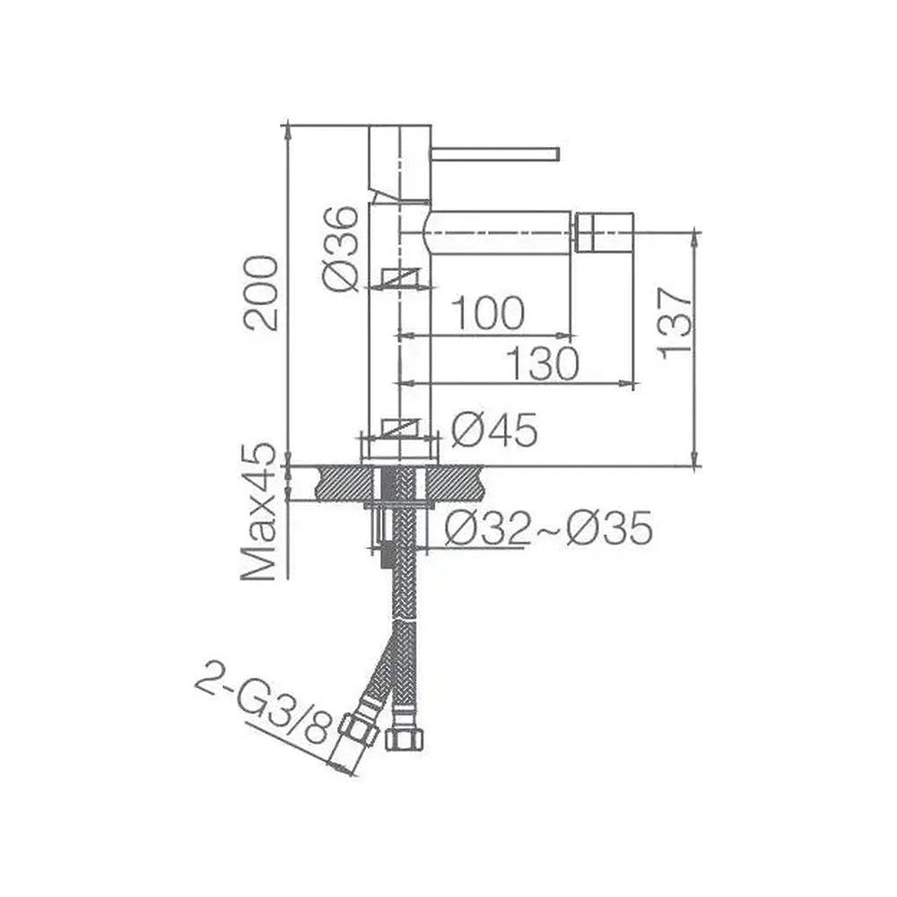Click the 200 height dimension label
261,293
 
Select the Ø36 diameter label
341,249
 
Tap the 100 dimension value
487,313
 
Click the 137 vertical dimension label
675,324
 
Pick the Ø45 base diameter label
494,429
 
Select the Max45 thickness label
260,511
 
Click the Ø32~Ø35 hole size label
549,527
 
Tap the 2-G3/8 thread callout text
265,709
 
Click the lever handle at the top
495,154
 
